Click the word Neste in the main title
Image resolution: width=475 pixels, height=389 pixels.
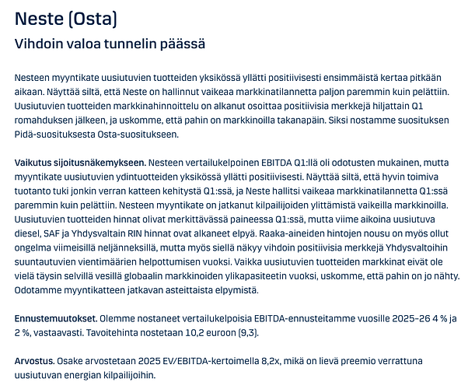38,17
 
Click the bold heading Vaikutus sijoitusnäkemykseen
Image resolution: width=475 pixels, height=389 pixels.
79,163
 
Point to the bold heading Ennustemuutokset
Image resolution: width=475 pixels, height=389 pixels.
55,318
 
